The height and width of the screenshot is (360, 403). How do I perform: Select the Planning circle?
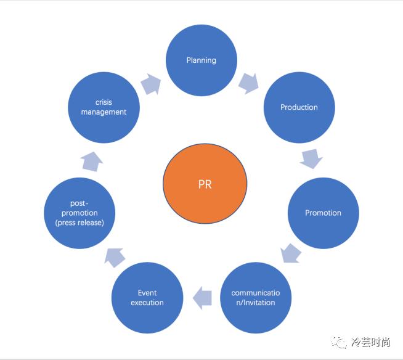coord(201,60)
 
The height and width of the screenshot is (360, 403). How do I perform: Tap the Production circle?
coord(299,107)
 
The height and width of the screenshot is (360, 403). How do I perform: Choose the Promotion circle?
coord(323,213)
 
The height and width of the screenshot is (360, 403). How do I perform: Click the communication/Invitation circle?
coord(255,298)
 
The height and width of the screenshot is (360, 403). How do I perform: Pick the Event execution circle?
coord(147,298)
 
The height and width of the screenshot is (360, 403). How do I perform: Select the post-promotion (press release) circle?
coord(79,213)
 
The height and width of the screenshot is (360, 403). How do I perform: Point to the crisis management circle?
coord(104,107)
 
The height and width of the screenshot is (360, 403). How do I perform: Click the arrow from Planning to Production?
coord(248,83)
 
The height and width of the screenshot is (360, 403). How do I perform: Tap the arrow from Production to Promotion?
coord(311,158)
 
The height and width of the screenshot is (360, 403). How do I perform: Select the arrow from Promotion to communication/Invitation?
coord(290,253)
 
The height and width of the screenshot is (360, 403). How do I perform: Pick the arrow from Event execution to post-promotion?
coord(115,256)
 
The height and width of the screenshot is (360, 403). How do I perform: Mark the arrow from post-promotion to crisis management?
coord(91,162)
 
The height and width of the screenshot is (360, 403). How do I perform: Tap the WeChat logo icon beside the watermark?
coord(340,342)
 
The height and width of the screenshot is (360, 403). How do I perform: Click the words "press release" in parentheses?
coord(79,223)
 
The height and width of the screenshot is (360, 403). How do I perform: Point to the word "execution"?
coord(147,303)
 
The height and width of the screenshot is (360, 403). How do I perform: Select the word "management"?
coord(104,112)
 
